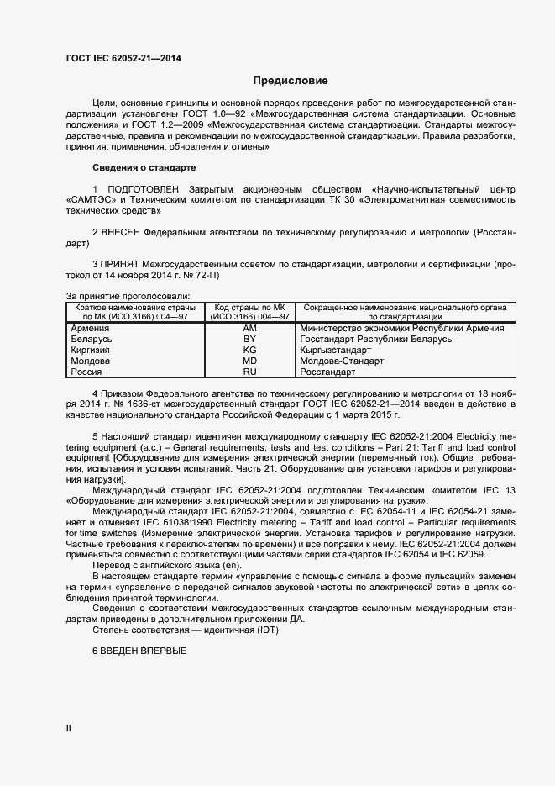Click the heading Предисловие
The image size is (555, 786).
tap(291, 81)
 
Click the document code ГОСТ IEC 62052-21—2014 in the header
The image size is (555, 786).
tap(123, 59)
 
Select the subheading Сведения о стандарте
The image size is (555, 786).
tap(132, 167)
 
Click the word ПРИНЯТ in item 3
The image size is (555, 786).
tap(122, 263)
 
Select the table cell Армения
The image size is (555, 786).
tap(90, 328)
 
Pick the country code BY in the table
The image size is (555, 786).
tap(249, 339)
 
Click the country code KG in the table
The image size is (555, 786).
tap(249, 350)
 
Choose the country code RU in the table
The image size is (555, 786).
tap(249, 371)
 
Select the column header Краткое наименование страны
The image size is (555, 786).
tap(134, 308)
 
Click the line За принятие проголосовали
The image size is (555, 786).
tap(128, 295)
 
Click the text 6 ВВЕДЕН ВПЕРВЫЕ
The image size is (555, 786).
tap(139, 651)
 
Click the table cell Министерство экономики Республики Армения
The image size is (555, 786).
tap(401, 328)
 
